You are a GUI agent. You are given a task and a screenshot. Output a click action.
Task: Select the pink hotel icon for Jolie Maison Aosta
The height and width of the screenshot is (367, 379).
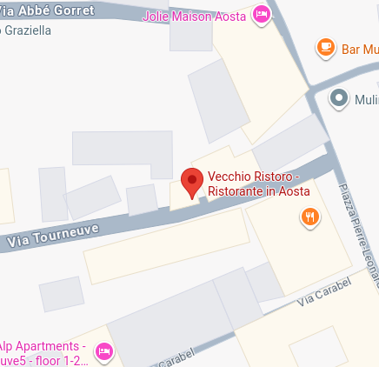pyautogui.click(x=261, y=15)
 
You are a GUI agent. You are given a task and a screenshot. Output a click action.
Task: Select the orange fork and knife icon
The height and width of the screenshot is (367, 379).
pyautogui.click(x=308, y=218)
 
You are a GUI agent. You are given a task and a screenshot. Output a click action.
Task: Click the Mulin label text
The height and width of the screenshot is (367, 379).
pyautogui.click(x=366, y=100)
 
